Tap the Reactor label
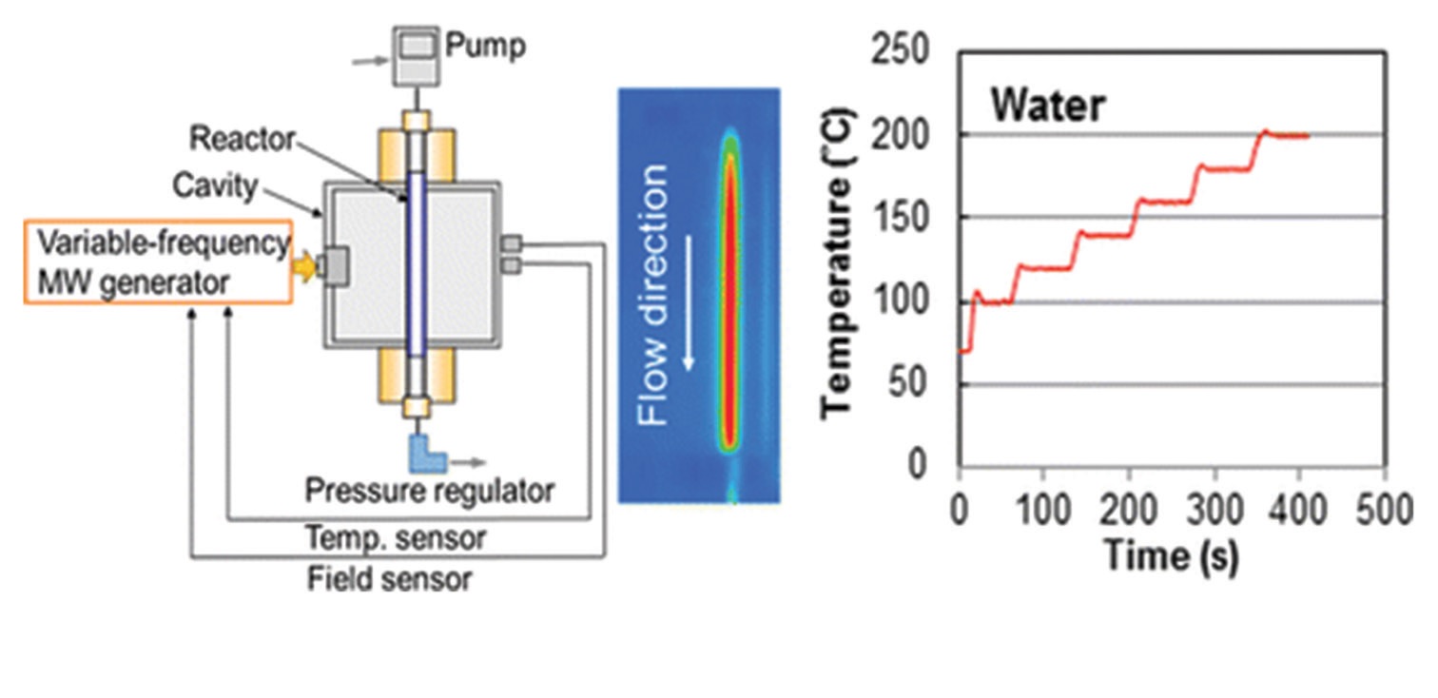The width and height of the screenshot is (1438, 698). point(241,139)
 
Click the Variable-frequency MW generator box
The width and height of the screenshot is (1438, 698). point(158,262)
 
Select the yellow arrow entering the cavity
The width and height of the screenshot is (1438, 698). point(303,268)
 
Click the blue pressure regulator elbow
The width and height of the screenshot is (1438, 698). point(422,453)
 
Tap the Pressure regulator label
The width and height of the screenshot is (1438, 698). point(429,491)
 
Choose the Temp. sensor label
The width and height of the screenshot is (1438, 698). point(396,537)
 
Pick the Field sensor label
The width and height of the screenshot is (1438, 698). point(389,578)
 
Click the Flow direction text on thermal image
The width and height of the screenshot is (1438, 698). point(653,294)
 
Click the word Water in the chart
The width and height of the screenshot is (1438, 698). point(1048,105)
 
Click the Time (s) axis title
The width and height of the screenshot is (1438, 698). point(1172,554)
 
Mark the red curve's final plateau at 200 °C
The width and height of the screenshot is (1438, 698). point(1289,136)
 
